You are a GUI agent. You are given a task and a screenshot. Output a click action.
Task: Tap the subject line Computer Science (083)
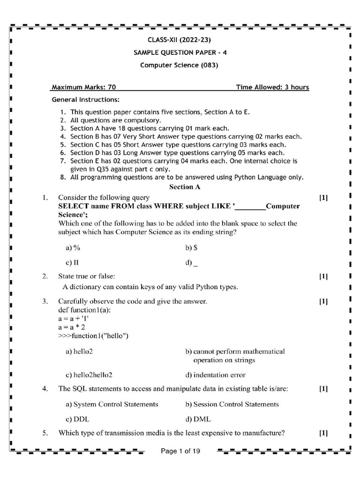point(179,65)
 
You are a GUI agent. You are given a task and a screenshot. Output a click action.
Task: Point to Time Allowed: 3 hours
point(272,87)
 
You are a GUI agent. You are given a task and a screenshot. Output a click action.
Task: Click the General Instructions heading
point(85,100)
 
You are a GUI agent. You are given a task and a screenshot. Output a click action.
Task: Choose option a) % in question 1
point(73,247)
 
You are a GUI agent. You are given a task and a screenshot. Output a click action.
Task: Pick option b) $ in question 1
point(191,247)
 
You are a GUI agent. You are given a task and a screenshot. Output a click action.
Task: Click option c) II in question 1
point(72,262)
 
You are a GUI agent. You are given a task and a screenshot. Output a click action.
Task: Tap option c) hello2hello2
point(89,375)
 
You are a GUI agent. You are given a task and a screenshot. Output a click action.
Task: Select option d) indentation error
point(215,375)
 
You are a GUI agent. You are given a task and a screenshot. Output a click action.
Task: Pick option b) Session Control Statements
point(232,404)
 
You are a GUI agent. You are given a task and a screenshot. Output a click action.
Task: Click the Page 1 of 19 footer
point(180,451)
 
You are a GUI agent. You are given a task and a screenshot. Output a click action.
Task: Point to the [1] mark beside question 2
point(323,277)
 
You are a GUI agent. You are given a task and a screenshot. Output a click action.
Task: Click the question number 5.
point(45,433)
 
